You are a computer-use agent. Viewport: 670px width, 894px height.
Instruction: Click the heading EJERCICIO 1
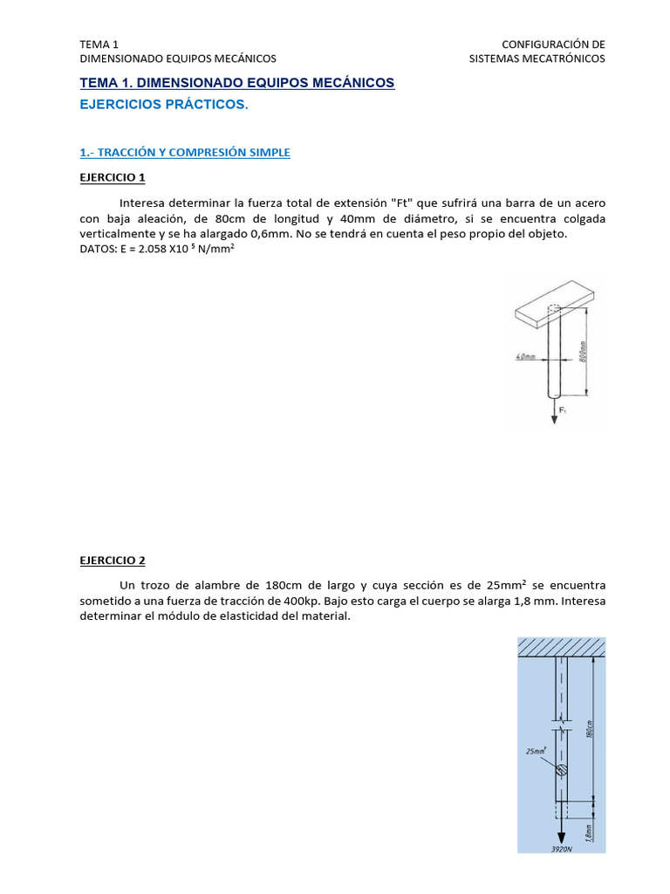coord(113,178)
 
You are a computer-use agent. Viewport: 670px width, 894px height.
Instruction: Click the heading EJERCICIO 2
coord(113,560)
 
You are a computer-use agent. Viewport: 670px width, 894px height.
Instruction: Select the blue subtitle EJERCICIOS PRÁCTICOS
coord(164,105)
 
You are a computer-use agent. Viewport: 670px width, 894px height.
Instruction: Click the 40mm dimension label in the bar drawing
coord(525,357)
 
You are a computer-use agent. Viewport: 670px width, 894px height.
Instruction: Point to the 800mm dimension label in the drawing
coord(584,351)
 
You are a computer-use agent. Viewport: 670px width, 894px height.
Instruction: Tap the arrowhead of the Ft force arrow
coord(554,420)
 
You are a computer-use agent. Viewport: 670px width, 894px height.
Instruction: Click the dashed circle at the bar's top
coord(553,308)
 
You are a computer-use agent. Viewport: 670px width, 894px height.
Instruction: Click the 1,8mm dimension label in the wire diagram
coord(590,833)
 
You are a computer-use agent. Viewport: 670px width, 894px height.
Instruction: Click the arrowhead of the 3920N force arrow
coord(561,836)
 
